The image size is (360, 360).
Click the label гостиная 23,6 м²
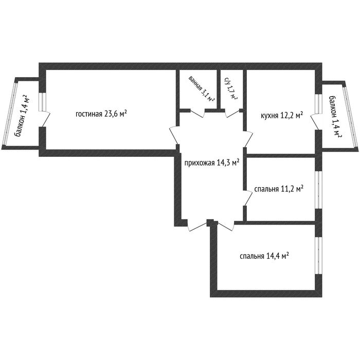tap(101, 114)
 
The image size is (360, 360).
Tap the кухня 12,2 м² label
tap(282, 115)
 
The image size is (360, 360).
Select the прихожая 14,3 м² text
tap(212, 163)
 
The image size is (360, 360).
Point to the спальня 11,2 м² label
tap(279, 189)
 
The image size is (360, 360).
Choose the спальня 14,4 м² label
tap(264, 256)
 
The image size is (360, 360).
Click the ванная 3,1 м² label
tap(202, 89)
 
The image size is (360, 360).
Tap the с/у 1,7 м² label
tap(231, 89)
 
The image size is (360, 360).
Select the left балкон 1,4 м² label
tap(22, 116)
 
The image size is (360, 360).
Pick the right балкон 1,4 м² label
tap(335, 117)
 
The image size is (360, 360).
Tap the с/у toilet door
tap(232, 113)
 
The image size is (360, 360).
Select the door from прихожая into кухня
tap(248, 139)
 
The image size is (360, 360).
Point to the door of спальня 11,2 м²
tap(248, 197)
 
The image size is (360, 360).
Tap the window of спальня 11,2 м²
tap(318, 190)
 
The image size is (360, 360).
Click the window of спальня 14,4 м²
tap(318, 255)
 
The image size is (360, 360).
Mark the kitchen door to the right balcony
tap(315, 121)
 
